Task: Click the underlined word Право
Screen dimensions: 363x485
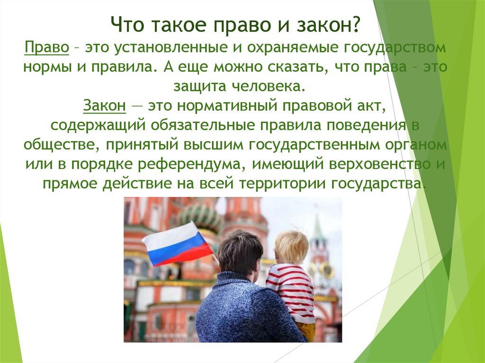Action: pyautogui.click(x=47, y=48)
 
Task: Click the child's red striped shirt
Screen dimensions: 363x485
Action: pyautogui.click(x=291, y=291)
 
